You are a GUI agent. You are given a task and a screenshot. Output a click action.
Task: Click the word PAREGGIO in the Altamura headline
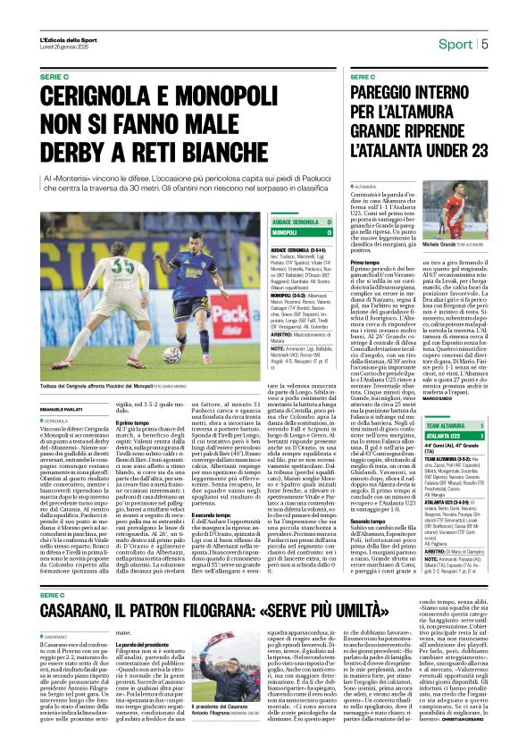tap(389, 91)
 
